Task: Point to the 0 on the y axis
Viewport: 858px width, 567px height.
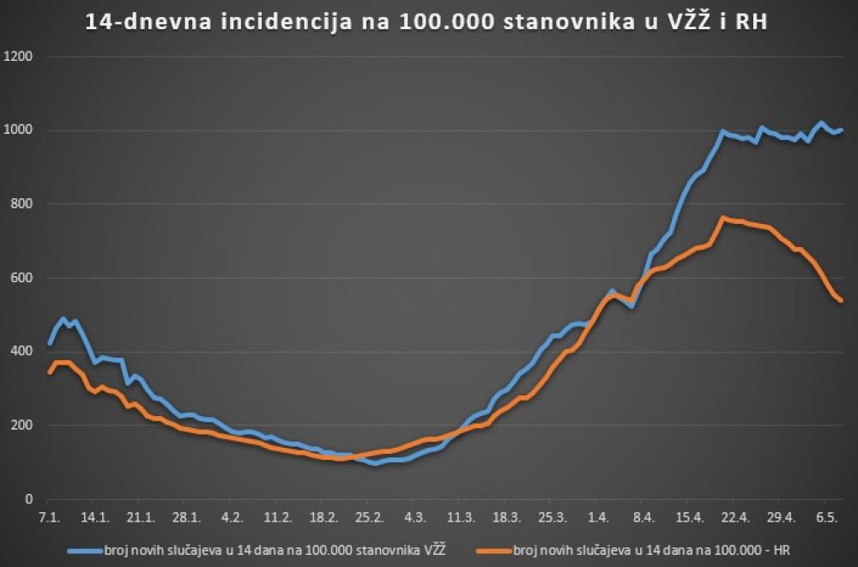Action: click(28, 499)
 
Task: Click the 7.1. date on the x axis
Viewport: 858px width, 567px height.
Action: click(48, 518)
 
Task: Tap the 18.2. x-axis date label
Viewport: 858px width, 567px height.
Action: click(323, 518)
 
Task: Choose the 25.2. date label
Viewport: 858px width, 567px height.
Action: click(369, 518)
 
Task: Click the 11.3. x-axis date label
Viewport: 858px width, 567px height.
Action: click(461, 518)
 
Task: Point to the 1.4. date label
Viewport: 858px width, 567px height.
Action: click(599, 518)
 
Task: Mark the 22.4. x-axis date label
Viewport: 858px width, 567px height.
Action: click(736, 518)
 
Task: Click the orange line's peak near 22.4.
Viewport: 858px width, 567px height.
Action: click(723, 218)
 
